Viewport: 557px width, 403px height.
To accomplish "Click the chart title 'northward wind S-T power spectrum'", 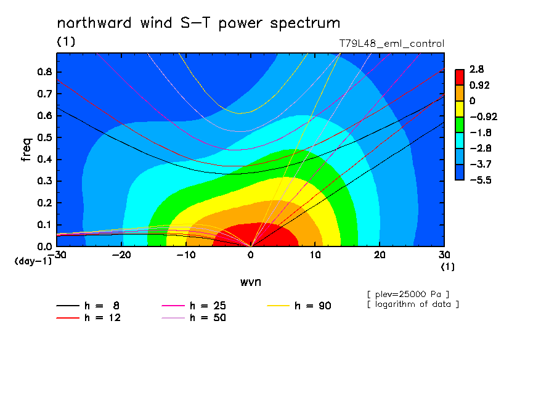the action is click(x=198, y=23).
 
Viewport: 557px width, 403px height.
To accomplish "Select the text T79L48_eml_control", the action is click(x=391, y=43).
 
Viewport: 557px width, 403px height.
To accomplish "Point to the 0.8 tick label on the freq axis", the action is click(x=44, y=71).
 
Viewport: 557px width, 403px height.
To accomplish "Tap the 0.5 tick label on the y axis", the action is click(x=44, y=137).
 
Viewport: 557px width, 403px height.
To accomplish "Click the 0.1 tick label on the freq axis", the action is click(x=44, y=224).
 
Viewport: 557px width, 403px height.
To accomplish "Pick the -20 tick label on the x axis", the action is click(x=121, y=255).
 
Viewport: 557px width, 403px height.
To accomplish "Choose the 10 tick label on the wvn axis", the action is click(x=315, y=255).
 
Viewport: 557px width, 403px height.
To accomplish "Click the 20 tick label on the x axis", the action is click(x=380, y=255).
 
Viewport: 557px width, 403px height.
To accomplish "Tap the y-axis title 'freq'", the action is click(x=26, y=150).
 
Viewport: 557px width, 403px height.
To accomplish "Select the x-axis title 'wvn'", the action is click(x=251, y=282).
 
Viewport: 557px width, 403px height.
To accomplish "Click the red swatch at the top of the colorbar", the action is click(x=460, y=77).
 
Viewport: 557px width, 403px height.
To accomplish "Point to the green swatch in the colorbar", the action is click(x=460, y=124).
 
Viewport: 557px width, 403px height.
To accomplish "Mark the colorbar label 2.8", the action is click(x=476, y=69).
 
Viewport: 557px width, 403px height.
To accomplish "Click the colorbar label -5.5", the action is click(x=481, y=180).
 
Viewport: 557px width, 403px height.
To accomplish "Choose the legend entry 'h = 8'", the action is click(x=87, y=306).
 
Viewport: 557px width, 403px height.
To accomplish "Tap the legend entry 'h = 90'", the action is click(x=299, y=306).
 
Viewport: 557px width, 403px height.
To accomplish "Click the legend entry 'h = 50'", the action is click(x=194, y=318).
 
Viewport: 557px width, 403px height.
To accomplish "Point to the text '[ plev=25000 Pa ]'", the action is click(x=408, y=295).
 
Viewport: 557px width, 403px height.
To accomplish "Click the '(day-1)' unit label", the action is click(x=33, y=261).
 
